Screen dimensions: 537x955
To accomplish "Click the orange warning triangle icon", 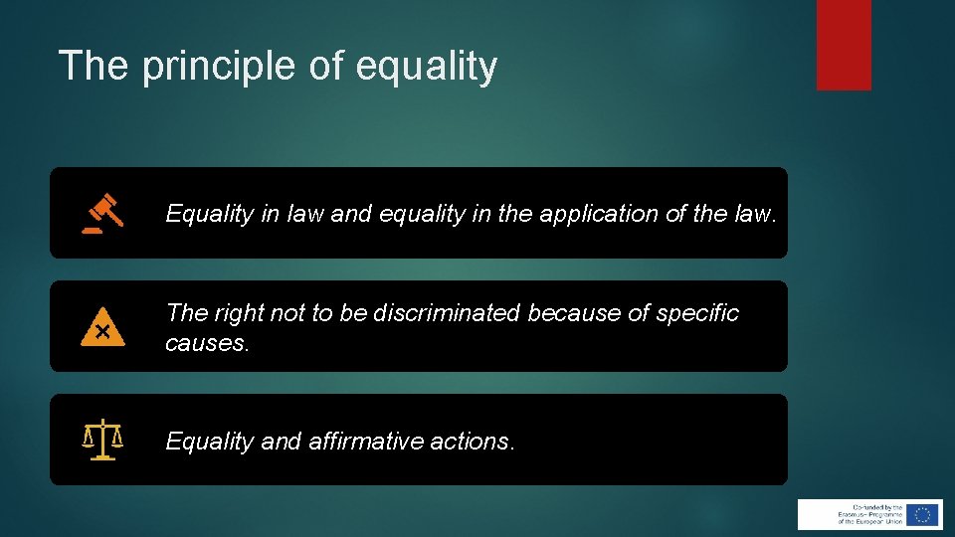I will (x=101, y=328).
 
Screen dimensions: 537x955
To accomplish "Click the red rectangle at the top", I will (x=844, y=45).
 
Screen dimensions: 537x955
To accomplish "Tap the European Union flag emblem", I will (x=923, y=514).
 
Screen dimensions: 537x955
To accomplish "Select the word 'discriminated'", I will (x=447, y=313).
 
